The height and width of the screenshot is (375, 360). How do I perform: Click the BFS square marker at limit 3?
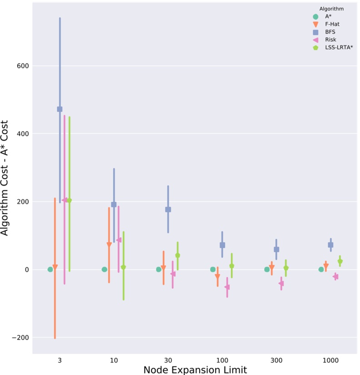click(60, 109)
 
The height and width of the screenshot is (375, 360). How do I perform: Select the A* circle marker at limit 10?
click(105, 269)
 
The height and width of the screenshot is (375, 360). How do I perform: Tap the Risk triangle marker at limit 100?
click(227, 287)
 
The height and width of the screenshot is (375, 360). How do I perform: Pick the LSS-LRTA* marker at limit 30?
click(178, 256)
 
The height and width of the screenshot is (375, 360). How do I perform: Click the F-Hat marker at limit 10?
click(109, 245)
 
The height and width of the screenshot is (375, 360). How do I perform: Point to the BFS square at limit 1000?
click(330, 245)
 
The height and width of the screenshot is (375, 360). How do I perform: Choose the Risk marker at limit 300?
click(281, 283)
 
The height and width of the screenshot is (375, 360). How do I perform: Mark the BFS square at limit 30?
click(168, 209)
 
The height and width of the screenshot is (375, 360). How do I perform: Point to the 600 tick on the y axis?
click(23, 66)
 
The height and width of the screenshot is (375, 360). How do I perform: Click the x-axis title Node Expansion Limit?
click(195, 370)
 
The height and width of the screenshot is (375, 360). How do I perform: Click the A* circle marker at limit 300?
click(267, 269)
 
